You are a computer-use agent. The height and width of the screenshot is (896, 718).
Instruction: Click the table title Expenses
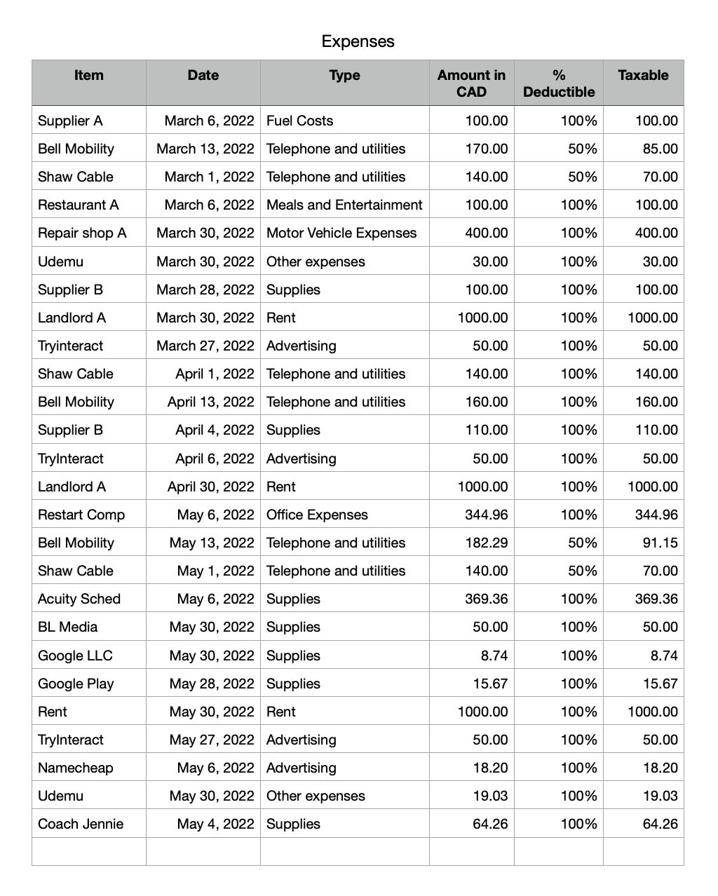point(358,41)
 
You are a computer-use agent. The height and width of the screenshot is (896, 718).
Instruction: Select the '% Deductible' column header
point(558,83)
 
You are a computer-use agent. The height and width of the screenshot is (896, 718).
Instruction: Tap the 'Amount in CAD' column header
point(471,83)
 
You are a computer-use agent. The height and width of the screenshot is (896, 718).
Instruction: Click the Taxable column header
point(643,75)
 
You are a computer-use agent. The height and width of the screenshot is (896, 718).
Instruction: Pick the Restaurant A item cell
point(79,205)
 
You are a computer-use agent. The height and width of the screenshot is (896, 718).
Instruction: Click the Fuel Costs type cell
point(299,121)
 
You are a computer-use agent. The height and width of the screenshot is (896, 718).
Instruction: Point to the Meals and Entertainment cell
point(344,205)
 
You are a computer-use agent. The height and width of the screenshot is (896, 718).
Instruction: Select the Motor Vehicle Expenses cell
point(341,233)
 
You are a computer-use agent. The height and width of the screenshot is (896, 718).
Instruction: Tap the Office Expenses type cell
point(317,515)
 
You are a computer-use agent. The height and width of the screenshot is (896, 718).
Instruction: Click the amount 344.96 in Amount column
point(487,515)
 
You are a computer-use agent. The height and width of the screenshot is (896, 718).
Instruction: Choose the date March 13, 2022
point(205,149)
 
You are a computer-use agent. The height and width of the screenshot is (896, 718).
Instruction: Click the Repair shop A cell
point(82,233)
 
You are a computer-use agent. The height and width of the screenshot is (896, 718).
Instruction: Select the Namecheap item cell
point(76,768)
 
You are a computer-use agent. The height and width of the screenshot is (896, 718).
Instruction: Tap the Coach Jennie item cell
point(81,824)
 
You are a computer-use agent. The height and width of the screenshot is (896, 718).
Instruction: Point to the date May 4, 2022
point(215,824)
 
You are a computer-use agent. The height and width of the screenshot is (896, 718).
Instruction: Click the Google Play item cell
point(76,684)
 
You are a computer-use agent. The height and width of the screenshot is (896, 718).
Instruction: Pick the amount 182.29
point(487,543)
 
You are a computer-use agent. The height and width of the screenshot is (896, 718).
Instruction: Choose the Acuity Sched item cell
point(79,599)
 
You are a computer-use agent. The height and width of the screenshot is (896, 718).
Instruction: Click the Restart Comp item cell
point(81,515)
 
